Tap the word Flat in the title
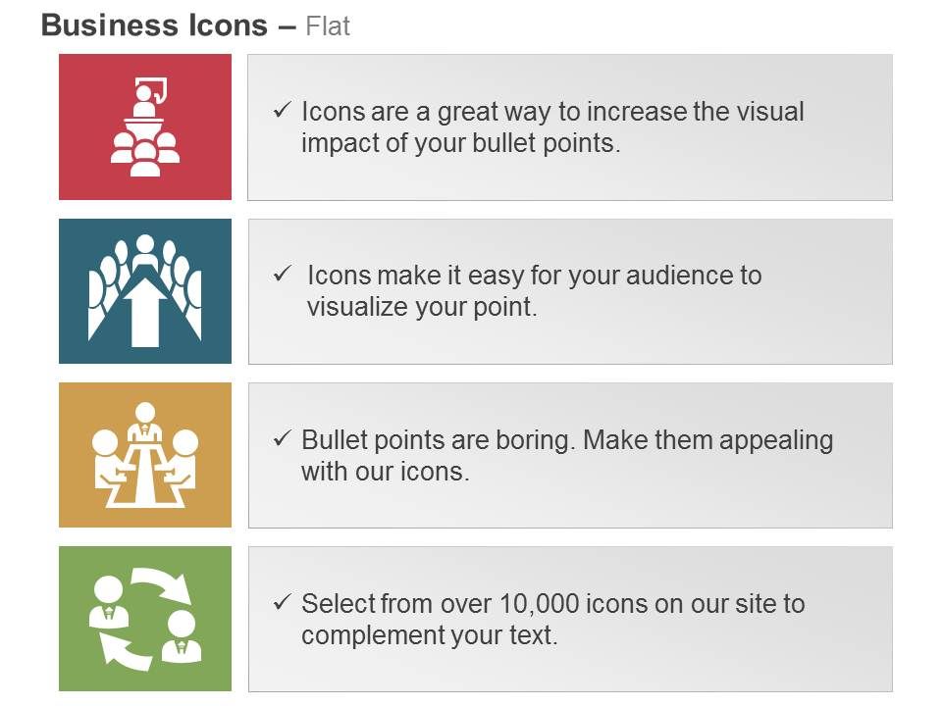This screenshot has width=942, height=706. [328, 26]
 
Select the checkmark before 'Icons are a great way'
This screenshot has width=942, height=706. [284, 111]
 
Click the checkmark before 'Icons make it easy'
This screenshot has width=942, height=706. [284, 274]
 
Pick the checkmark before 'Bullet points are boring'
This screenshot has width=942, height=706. [284, 438]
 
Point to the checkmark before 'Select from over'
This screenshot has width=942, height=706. [284, 602]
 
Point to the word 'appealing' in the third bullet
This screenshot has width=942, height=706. [776, 440]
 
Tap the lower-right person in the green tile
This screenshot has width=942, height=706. [182, 635]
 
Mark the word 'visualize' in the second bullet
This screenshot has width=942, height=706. [356, 307]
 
